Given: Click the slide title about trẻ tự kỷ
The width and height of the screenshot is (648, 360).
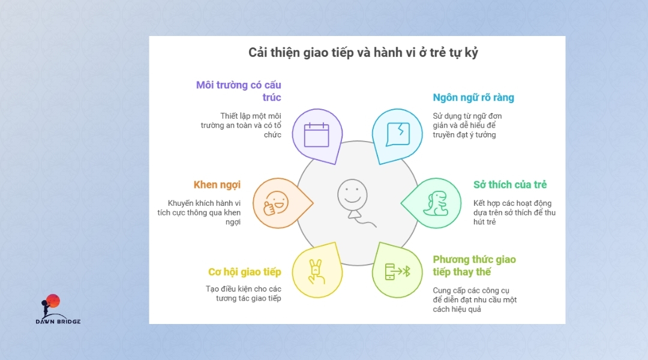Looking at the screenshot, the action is point(363,53).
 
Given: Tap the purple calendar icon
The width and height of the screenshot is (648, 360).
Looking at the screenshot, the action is point(317,134).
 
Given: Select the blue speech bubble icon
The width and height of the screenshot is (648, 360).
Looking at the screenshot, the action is point(398,134).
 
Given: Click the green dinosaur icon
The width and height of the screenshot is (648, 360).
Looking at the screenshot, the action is point(436,203).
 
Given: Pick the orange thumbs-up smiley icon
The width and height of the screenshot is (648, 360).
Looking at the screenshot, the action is point(276,203).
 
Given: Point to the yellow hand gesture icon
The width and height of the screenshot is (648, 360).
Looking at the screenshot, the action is point(317,272).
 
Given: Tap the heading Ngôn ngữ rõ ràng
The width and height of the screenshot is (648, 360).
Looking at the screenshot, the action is point(473,98).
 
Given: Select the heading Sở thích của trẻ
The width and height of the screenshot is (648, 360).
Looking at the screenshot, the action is point(510,184).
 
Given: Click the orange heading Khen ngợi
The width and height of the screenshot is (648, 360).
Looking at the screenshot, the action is point(217,185).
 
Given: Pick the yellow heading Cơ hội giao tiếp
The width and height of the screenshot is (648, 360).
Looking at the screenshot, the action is point(245,272).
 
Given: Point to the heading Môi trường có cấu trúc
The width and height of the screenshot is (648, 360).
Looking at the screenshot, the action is point(238,91).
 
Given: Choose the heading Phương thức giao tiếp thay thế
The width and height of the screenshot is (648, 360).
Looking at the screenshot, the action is point(475,265).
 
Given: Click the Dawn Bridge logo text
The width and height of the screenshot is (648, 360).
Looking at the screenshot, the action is point(58,321).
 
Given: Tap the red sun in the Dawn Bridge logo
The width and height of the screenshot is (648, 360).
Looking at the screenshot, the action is point(53,301).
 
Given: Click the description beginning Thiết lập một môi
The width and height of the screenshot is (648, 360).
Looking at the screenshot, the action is point(241,125).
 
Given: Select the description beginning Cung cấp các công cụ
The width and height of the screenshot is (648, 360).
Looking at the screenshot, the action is point(475,299).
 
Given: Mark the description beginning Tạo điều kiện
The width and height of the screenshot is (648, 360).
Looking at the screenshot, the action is point(244,293).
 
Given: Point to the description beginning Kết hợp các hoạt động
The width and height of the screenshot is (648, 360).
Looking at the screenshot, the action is point(515,212).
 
